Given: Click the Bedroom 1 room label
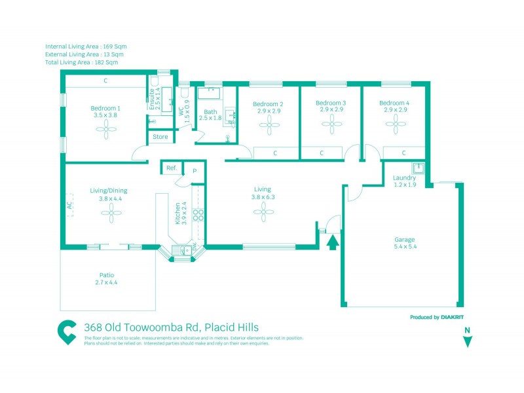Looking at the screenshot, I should [105, 108].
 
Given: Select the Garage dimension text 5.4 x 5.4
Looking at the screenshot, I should [405, 247].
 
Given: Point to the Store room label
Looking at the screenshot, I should [160, 138].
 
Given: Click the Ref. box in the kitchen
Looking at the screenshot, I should [172, 168].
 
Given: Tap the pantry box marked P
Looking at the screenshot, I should [195, 170].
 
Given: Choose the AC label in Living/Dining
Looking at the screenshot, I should [69, 204].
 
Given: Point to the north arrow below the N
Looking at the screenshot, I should [467, 341].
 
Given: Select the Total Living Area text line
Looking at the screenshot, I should [82, 63].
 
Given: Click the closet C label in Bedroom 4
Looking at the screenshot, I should [404, 153].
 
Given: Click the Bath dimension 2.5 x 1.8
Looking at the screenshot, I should [210, 118].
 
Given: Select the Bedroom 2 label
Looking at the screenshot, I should [268, 104].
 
